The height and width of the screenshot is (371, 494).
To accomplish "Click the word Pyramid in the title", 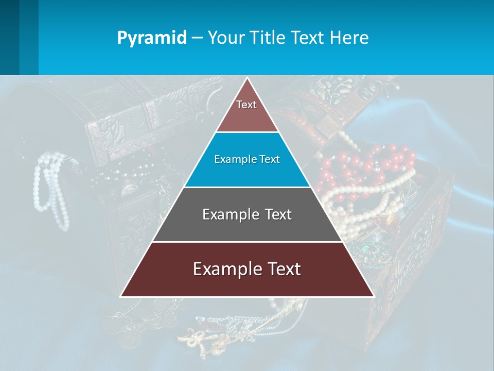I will (152, 38).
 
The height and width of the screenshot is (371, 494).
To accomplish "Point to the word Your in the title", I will (225, 38).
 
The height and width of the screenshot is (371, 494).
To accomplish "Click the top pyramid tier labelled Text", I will (246, 111).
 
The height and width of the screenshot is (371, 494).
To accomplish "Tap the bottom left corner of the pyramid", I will (121, 296).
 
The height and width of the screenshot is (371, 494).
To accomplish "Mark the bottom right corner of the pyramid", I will (373, 296).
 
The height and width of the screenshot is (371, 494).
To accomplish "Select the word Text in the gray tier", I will (276, 214).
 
